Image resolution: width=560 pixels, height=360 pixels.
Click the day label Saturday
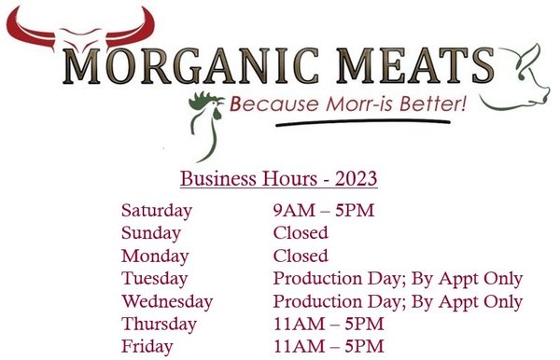(x=157, y=210)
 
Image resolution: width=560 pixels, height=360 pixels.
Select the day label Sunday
(x=151, y=233)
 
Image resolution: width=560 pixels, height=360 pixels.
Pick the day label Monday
(x=154, y=256)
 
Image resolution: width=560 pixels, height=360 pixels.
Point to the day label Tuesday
(x=155, y=279)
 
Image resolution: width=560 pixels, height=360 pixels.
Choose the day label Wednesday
(x=167, y=302)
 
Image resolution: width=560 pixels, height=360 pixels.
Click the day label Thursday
(x=159, y=325)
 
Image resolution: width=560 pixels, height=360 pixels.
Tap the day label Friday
(x=147, y=347)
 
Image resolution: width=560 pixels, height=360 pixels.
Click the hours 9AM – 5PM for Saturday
(x=323, y=210)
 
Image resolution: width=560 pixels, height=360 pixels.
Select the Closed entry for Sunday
(x=300, y=233)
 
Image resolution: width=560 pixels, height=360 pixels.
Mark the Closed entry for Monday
(x=300, y=256)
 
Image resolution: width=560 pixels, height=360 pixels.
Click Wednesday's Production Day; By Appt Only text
(x=398, y=302)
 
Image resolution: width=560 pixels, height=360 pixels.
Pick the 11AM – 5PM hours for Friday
(x=329, y=347)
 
